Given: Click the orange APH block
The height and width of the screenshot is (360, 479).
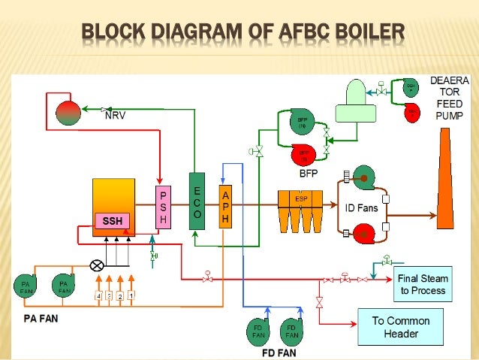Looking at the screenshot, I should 225,207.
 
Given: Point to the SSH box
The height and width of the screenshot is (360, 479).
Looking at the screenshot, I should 112,220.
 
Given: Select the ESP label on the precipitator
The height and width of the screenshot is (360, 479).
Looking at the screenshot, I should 300,199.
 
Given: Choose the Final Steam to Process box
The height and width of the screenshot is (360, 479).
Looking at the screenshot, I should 422,284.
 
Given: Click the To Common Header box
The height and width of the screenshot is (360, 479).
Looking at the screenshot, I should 400,327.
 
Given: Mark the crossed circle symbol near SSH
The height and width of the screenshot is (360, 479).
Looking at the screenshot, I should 96,265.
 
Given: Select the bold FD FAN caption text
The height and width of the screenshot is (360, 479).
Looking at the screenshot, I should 280,351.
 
